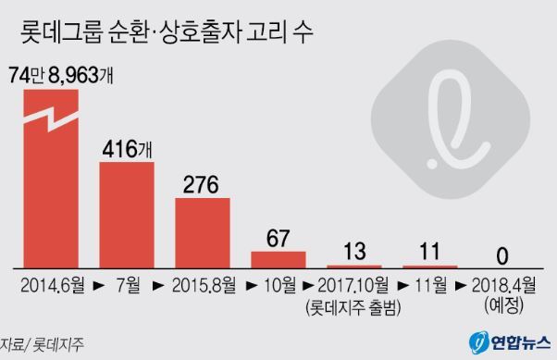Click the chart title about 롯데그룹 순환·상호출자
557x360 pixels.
click(x=167, y=32)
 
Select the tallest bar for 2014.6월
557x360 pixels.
click(x=51, y=179)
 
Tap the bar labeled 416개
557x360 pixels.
click(x=127, y=215)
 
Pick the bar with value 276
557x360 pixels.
click(x=203, y=233)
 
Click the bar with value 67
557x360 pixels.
click(x=278, y=260)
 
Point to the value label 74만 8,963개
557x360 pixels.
click(x=61, y=75)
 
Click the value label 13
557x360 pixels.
click(x=354, y=251)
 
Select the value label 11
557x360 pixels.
click(x=430, y=251)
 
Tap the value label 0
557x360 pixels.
click(x=502, y=256)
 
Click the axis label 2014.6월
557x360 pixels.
click(x=53, y=285)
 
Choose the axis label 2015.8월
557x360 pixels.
click(x=204, y=285)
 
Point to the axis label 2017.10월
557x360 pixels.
click(x=353, y=285)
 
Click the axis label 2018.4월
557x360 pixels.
click(x=503, y=285)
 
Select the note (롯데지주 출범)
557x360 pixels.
click(x=353, y=307)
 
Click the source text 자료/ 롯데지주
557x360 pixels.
click(x=42, y=344)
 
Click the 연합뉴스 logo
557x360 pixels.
click(x=510, y=342)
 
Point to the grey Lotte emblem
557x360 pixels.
click(x=451, y=119)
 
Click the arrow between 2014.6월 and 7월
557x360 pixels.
click(x=99, y=286)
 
